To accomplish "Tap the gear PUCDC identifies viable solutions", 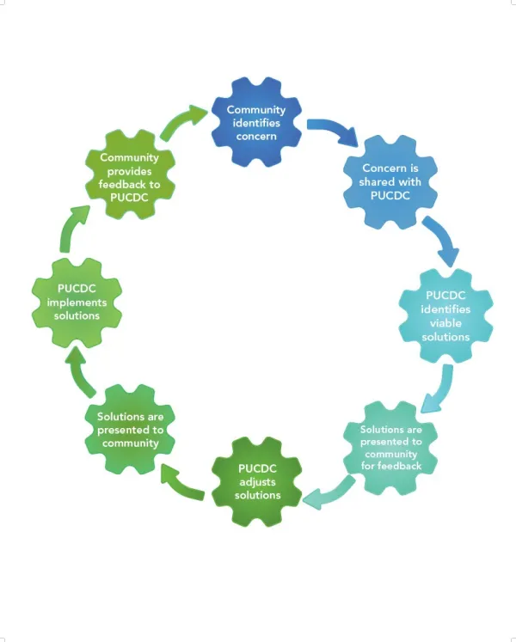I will pyautogui.click(x=445, y=315).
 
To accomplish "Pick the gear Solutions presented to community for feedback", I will pyautogui.click(x=391, y=447).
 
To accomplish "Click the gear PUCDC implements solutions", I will pyautogui.click(x=75, y=302).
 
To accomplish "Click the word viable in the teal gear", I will pyautogui.click(x=445, y=323).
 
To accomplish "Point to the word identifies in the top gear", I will pyautogui.click(x=258, y=123).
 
